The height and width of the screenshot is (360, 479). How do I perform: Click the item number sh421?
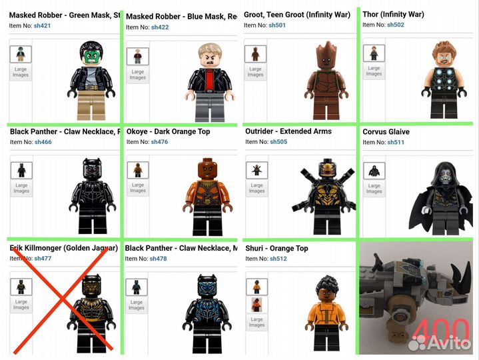pyautogui.click(x=42, y=25)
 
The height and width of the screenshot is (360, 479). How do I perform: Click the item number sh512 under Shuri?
pyautogui.click(x=278, y=259)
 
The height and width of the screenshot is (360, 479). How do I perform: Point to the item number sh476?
pyautogui.click(x=159, y=142)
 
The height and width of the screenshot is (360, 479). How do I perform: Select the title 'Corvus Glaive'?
pyautogui.click(x=386, y=132)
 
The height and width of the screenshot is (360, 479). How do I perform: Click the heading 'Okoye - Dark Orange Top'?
pyautogui.click(x=168, y=131)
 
